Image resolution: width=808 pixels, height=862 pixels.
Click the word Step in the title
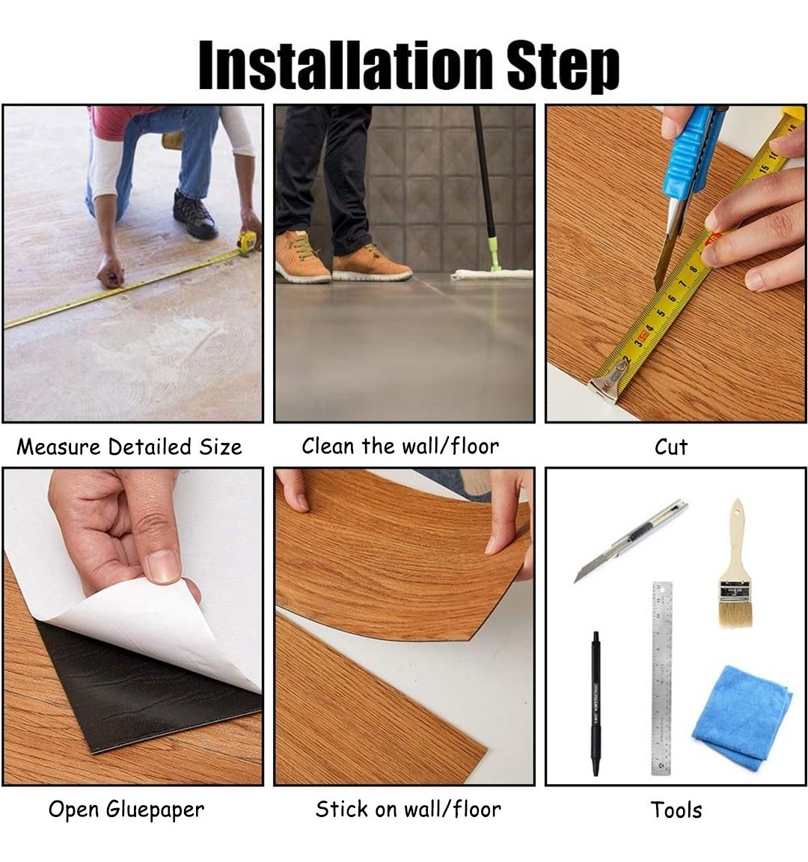tap(563, 67)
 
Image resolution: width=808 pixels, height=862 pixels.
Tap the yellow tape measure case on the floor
tap(248, 242)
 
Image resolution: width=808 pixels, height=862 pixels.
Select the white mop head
tap(492, 274)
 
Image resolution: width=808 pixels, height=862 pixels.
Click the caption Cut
tap(670, 447)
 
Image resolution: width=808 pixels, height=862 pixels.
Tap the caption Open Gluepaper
tap(126, 809)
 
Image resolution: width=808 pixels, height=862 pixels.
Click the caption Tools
tap(676, 810)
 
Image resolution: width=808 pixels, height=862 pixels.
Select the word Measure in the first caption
tap(59, 447)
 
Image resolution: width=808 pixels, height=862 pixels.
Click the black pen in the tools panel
tap(595, 703)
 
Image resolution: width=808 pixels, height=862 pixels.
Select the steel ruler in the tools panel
tap(662, 678)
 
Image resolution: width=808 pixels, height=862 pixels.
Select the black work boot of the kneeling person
tap(195, 215)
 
